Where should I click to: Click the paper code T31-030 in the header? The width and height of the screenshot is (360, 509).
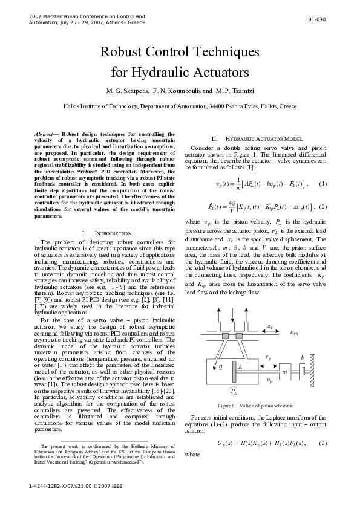coord(315,19)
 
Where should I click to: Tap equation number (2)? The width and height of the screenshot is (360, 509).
coord(323,207)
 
